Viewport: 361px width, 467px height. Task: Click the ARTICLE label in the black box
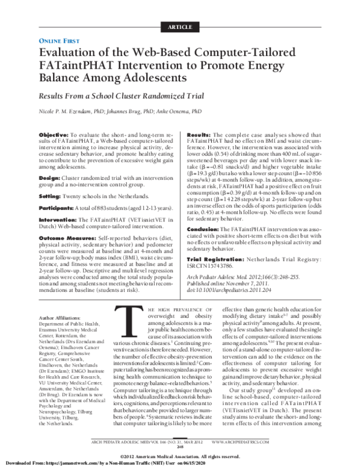pyautogui.click(x=180, y=27)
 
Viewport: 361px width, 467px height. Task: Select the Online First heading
pyautogui.click(x=59, y=40)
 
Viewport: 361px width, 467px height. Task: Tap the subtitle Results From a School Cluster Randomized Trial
pyautogui.click(x=119, y=96)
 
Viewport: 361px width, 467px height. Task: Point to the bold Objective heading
pyautogui.click(x=53, y=134)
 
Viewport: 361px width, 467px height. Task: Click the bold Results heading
pyautogui.click(x=199, y=134)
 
